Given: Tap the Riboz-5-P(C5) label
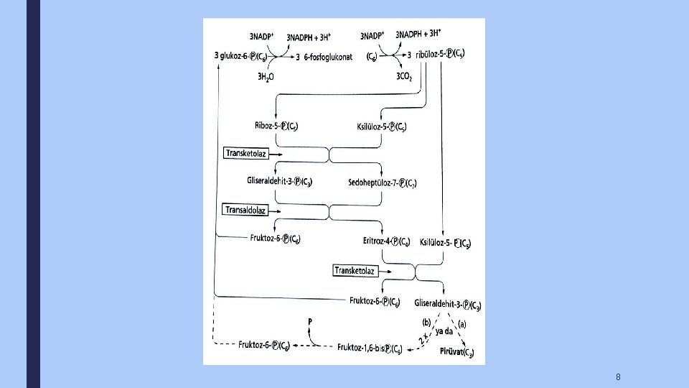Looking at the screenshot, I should point(276,126).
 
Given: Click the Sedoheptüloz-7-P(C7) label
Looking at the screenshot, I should point(382,183).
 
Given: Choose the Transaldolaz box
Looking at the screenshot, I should point(246,210).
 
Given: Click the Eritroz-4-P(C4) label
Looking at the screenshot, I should point(387,241).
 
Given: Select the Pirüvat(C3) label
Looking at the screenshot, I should point(458,352).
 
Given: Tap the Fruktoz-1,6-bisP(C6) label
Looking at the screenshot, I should point(369,348).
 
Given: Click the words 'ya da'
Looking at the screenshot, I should point(444,332).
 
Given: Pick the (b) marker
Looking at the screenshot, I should point(425,323).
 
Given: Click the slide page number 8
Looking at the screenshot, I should point(618,377).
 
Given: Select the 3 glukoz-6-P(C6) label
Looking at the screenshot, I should point(243,56).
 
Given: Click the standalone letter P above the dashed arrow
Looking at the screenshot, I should point(310,321).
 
